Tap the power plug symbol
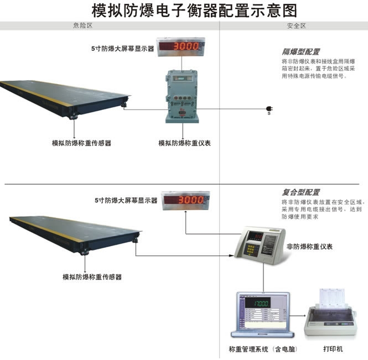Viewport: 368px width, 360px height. (269, 108)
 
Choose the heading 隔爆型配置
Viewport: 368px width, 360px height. (301, 51)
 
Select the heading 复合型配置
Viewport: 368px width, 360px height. (301, 192)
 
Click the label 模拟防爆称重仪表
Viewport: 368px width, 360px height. (185, 143)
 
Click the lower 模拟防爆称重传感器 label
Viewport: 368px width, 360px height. (92, 276)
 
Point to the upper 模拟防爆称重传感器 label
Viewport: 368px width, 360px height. (82, 143)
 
